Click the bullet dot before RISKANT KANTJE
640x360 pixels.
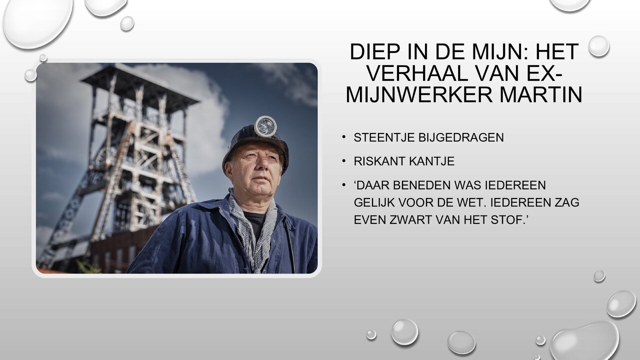344,161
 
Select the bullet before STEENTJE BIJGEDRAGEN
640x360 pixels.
344,137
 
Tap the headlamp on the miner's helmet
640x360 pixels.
265,126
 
